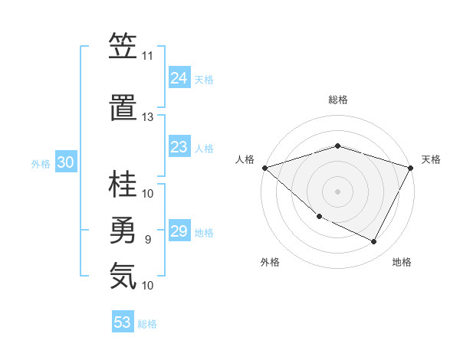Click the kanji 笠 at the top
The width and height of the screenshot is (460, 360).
click(123, 47)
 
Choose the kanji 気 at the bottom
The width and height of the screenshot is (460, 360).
click(123, 277)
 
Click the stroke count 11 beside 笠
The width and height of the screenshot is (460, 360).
click(147, 56)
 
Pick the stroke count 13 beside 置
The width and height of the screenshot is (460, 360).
click(147, 117)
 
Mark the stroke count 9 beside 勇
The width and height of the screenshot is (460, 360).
click(147, 240)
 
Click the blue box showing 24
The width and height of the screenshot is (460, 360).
click(179, 78)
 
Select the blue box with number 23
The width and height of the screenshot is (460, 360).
click(179, 147)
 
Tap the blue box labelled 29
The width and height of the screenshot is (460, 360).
click(179, 231)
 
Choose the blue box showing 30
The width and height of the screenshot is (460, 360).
click(66, 162)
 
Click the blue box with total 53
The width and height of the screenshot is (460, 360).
click(123, 322)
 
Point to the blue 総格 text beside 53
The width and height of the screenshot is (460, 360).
click(147, 324)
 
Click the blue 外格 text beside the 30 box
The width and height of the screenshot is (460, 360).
click(41, 163)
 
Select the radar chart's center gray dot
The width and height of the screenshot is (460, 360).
click(337, 191)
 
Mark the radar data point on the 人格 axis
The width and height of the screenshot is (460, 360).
click(264, 168)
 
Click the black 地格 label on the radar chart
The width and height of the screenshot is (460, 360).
click(402, 262)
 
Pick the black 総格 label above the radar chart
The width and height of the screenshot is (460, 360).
click(337, 100)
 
